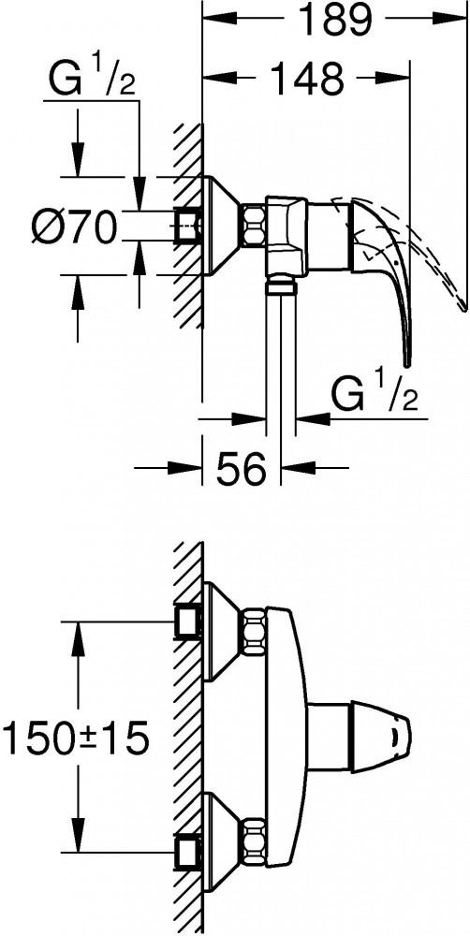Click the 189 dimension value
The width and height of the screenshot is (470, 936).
click(334, 20)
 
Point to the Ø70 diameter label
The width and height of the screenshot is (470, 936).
click(73, 227)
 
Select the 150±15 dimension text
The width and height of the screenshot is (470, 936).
click(75, 739)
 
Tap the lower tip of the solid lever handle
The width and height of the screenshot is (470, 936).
click(407, 363)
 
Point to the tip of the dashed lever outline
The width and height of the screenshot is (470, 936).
click(464, 307)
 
